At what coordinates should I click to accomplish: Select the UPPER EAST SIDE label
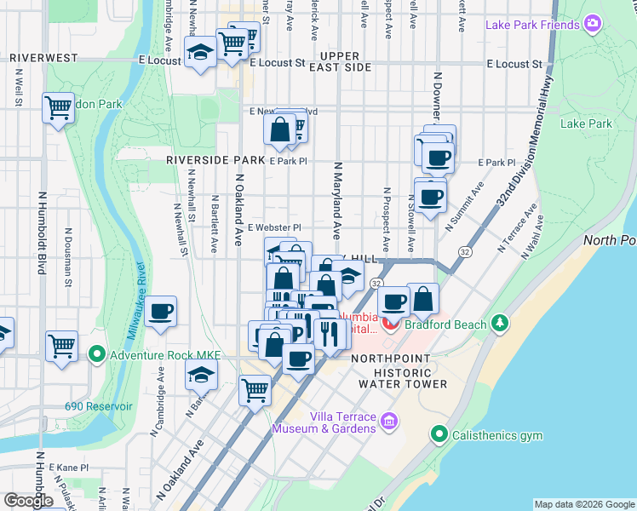click(340, 61)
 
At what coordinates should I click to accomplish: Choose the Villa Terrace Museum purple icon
click(389, 420)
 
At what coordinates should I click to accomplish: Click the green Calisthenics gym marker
click(439, 435)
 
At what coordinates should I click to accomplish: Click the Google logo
click(28, 500)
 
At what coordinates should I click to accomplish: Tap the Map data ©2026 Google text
click(583, 504)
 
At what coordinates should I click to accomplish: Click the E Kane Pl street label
click(68, 468)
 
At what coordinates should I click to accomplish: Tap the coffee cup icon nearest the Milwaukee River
click(160, 312)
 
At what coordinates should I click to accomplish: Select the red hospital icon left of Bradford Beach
click(390, 324)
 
